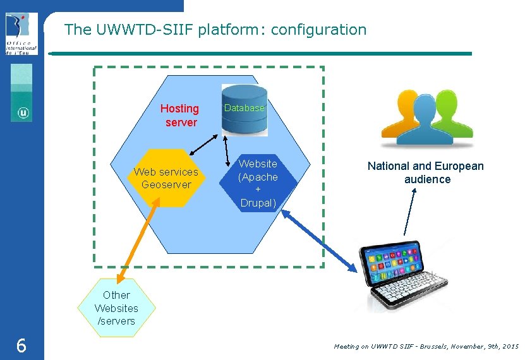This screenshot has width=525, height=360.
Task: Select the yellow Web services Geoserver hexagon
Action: coord(166,178)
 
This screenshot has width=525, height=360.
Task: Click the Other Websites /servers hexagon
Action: coord(116,308)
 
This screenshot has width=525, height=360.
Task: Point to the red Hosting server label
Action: coord(180,116)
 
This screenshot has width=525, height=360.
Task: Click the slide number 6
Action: coord(21,345)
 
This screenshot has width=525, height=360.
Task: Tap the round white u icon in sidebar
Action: coord(23,113)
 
